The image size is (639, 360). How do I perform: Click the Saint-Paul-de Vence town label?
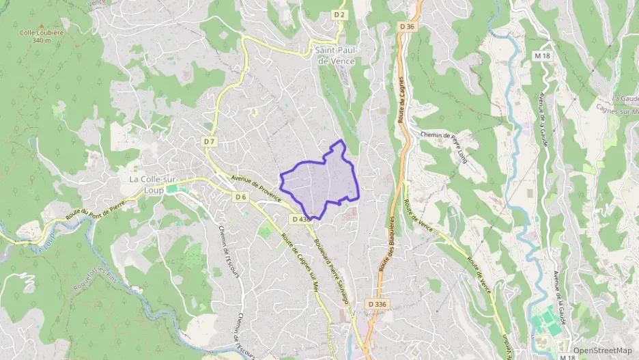click(x=337, y=55)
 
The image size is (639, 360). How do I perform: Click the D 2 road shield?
click(x=339, y=14)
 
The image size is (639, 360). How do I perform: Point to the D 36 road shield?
click(x=407, y=26)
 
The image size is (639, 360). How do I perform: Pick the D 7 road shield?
click(x=209, y=141)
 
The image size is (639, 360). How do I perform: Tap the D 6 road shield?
click(x=240, y=197)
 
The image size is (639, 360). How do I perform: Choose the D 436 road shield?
click(x=300, y=219)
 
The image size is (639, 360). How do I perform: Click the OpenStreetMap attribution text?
click(x=602, y=350)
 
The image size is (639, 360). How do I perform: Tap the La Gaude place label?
click(x=625, y=99)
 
